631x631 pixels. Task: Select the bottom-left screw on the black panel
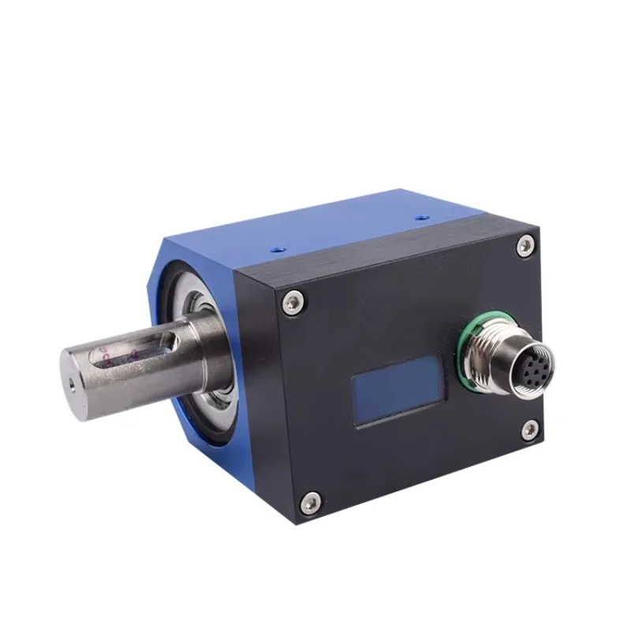coord(312,498)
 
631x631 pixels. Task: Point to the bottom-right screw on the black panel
coord(530,429)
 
